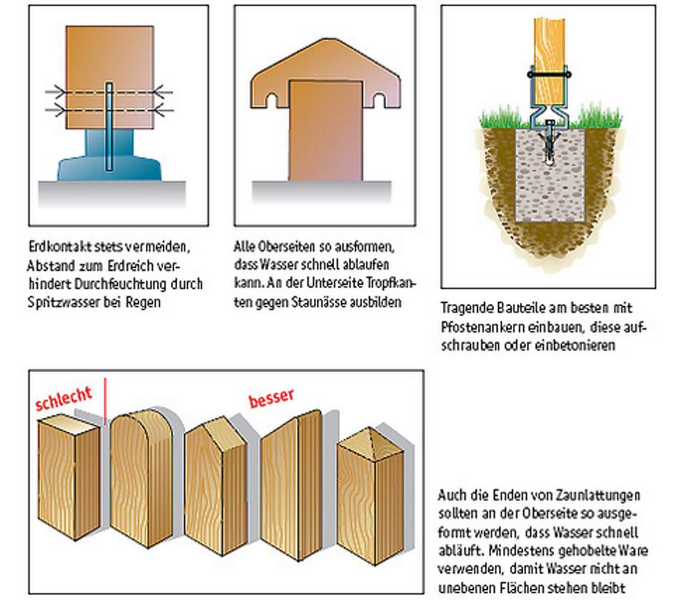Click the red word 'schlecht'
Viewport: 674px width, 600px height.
tap(64, 399)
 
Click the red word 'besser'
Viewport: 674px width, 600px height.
tap(272, 398)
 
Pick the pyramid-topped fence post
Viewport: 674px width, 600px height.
tap(370, 494)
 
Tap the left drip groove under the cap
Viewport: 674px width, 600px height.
tap(272, 101)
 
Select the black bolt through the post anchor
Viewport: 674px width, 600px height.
tap(550, 74)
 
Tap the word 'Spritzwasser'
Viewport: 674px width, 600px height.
tap(63, 302)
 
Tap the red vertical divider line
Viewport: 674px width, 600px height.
tap(105, 401)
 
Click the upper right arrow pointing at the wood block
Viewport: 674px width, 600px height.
tap(163, 92)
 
